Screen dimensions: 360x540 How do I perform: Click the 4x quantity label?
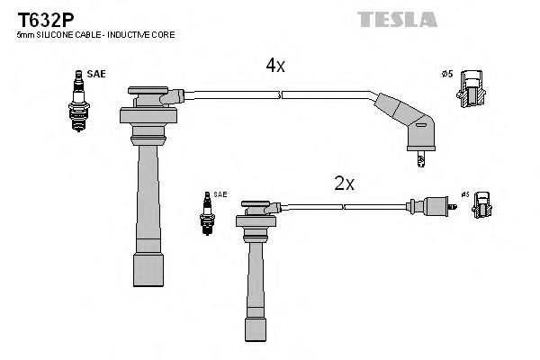click(274, 66)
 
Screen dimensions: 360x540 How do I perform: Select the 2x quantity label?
click(345, 184)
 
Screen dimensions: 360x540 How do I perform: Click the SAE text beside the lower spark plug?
click(220, 195)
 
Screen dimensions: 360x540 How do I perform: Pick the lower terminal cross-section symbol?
click(481, 206)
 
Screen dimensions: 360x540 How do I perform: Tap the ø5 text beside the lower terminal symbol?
click(465, 194)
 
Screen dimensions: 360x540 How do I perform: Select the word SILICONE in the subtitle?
click(56, 34)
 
